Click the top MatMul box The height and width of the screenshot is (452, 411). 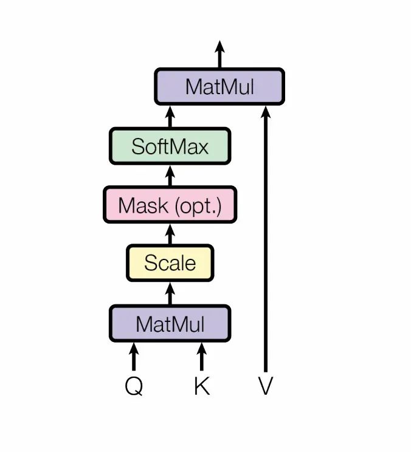tap(219, 86)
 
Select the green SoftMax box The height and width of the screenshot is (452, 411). tap(170, 146)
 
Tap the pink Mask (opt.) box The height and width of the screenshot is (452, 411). tap(170, 205)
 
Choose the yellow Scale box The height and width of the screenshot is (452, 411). tap(170, 263)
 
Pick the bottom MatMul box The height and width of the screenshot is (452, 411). tap(170, 324)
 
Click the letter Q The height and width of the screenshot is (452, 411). tap(134, 386)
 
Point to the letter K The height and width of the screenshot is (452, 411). tap(201, 386)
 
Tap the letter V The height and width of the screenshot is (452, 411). tap(265, 386)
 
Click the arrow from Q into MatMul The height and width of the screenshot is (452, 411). tap(134, 357)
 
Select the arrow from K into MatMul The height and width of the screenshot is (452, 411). tap(201, 357)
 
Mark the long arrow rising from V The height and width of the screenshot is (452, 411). tap(265, 243)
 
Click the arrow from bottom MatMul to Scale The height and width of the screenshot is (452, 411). tap(170, 293)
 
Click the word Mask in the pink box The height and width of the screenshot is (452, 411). tap(143, 205)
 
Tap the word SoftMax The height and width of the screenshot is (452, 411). tap(170, 146)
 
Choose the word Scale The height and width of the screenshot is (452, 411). tap(170, 263)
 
